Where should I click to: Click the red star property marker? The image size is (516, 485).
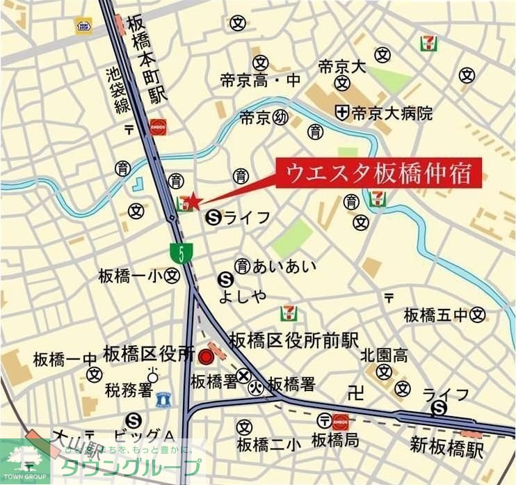193,201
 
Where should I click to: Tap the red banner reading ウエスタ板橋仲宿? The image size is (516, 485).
380,173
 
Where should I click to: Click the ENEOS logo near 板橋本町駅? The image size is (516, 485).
158,127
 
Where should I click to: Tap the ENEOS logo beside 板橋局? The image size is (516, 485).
340,420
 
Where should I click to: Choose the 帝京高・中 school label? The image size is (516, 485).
260,81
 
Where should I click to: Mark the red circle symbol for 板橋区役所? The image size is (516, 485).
205,357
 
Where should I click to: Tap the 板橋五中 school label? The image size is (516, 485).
436,315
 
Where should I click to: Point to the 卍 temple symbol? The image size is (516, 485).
355,395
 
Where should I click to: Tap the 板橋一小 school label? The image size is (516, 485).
131,276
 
